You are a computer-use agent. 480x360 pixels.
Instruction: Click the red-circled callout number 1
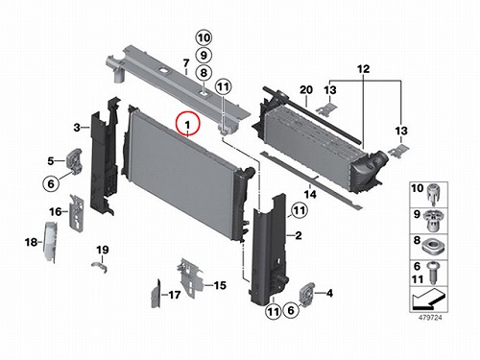[187, 124]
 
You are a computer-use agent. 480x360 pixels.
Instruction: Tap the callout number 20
[306, 90]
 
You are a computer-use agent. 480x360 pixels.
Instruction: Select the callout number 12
[363, 69]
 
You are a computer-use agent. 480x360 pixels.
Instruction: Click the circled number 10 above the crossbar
[204, 38]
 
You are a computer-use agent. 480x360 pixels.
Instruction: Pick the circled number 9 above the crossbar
[204, 56]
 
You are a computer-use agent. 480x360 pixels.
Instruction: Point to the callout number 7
[186, 63]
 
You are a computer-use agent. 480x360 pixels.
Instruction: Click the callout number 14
[310, 194]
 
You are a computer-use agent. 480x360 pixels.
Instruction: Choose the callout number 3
[77, 128]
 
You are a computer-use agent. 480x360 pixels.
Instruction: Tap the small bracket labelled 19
[99, 267]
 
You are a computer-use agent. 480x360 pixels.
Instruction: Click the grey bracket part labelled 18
[51, 242]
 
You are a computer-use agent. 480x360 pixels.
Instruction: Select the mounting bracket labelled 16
[77, 212]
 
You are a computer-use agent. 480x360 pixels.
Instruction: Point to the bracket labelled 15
[191, 277]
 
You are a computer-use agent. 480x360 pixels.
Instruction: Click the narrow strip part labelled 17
[156, 294]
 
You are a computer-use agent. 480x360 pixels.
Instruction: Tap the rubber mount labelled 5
[74, 159]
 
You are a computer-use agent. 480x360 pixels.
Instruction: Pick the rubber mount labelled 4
[307, 295]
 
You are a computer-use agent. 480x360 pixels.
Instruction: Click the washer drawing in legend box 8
[432, 248]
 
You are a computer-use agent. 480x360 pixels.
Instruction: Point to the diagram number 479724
[430, 318]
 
